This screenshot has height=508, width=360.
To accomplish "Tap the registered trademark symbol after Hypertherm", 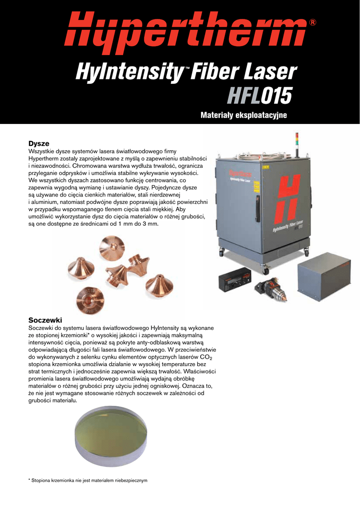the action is pyautogui.click(x=313, y=22).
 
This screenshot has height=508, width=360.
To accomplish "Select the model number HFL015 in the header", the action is pyautogui.click(x=260, y=95).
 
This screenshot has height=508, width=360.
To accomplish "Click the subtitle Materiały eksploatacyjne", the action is pyautogui.click(x=244, y=115).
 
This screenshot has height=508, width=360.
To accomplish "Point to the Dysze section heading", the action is pyautogui.click(x=39, y=143).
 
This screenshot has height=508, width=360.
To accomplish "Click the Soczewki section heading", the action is pyautogui.click(x=45, y=320).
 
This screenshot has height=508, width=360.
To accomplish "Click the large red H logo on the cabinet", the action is pyautogui.click(x=288, y=199).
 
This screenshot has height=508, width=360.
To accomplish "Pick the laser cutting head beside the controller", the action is pyautogui.click(x=271, y=288).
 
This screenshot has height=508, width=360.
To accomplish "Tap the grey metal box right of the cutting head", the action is pyautogui.click(x=324, y=276).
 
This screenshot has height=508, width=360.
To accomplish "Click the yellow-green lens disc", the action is pyautogui.click(x=111, y=436).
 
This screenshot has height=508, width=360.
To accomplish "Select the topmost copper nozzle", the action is pyautogui.click(x=112, y=248).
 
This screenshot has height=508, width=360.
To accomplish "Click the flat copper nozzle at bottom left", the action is pyautogui.click(x=90, y=300).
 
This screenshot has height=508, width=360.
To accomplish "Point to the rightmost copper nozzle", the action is pyautogui.click(x=159, y=285).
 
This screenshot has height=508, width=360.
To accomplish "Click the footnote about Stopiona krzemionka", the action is pyautogui.click(x=88, y=480).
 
